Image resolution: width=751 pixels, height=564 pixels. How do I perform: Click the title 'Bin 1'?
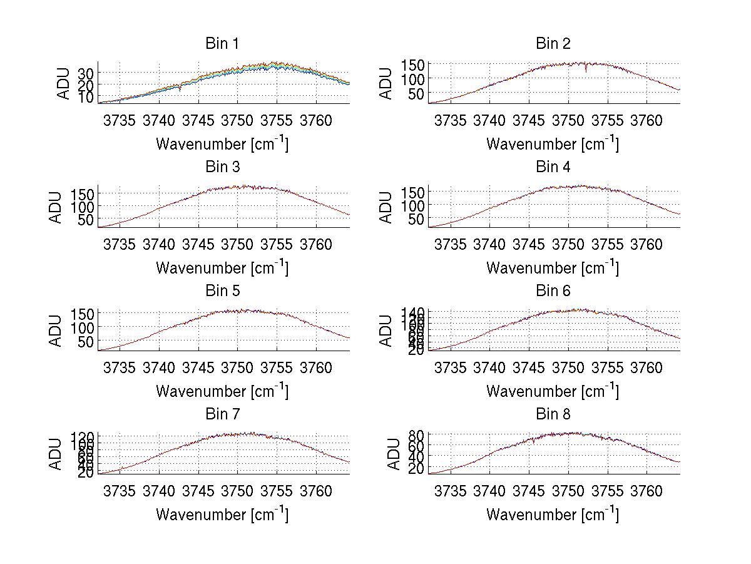tap(222, 44)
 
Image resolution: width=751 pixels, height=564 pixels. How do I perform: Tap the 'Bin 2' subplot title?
tap(553, 44)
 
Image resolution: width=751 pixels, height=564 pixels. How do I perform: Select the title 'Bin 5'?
tap(222, 291)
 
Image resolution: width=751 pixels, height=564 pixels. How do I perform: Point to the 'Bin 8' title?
tap(553, 414)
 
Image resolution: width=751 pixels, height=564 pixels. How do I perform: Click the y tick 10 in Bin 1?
tap(85, 97)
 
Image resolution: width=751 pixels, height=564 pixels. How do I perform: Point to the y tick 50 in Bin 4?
tap(415, 219)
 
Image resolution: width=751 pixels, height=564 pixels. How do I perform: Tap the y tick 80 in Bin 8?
tap(415, 434)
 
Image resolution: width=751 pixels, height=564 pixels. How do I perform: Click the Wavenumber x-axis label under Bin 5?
tap(222, 391)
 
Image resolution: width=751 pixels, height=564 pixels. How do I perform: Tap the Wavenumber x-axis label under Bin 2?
tap(553, 144)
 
